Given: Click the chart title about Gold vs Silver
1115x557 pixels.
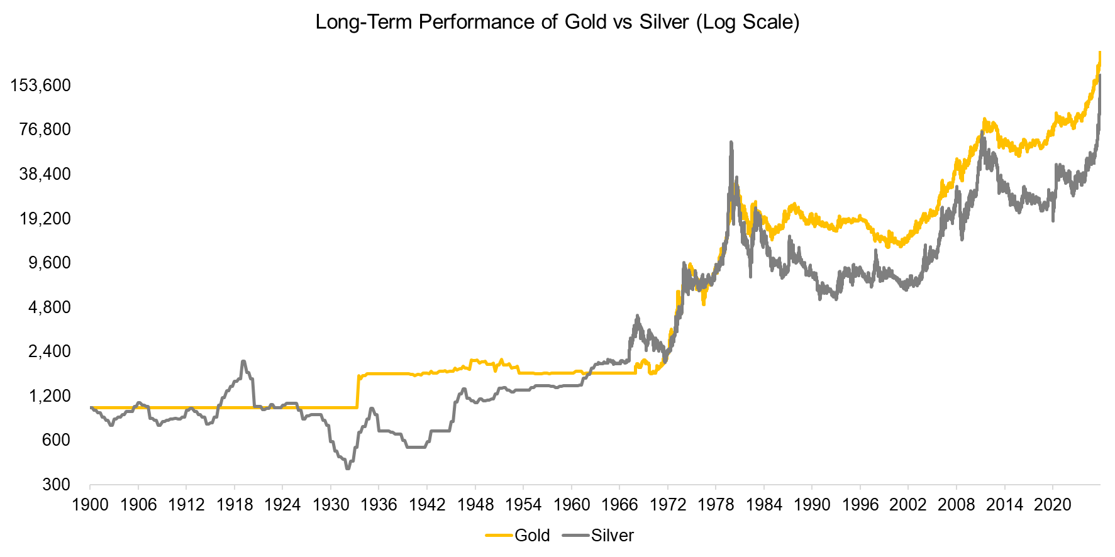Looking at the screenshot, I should tap(557, 22).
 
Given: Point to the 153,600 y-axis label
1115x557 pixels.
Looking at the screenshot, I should tap(40, 85).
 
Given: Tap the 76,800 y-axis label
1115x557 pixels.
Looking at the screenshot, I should tap(45, 130).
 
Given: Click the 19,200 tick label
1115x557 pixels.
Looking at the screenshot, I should tap(45, 219).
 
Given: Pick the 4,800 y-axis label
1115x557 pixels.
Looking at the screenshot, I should tap(49, 307).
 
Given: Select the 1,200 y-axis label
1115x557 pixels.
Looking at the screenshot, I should tap(49, 396).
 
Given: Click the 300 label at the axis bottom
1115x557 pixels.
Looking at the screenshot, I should tap(57, 485).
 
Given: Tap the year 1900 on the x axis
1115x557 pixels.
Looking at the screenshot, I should tap(90, 505).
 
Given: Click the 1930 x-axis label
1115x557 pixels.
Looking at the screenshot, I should tap(331, 505).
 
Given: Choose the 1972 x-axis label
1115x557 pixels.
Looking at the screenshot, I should tap(668, 505).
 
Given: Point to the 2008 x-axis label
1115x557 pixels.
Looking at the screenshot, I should tap(956, 505).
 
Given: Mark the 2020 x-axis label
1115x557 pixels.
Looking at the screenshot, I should tap(1052, 505).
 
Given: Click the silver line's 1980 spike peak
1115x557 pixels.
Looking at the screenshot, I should tap(731, 143).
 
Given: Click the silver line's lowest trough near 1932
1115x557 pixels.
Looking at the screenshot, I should tap(347, 468).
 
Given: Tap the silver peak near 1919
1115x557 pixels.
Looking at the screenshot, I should tap(243, 361).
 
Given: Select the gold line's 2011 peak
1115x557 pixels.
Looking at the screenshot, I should tap(984, 119).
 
